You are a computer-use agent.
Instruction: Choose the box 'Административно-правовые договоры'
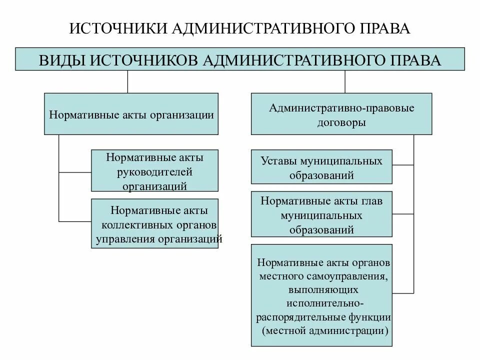[x=341, y=114]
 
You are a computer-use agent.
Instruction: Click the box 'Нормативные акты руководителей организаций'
[x=154, y=170]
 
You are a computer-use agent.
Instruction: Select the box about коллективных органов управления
[x=154, y=224]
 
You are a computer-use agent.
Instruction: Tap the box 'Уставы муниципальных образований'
[x=321, y=167]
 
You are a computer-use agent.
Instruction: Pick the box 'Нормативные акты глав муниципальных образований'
[x=321, y=214]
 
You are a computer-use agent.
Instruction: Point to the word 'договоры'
[x=341, y=122]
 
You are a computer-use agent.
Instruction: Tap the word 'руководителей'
[x=154, y=172]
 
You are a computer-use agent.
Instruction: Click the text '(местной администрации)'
[x=324, y=330]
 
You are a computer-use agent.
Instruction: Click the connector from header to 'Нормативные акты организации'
[x=128, y=82]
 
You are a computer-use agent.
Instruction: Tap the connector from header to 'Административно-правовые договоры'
[x=345, y=82]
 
